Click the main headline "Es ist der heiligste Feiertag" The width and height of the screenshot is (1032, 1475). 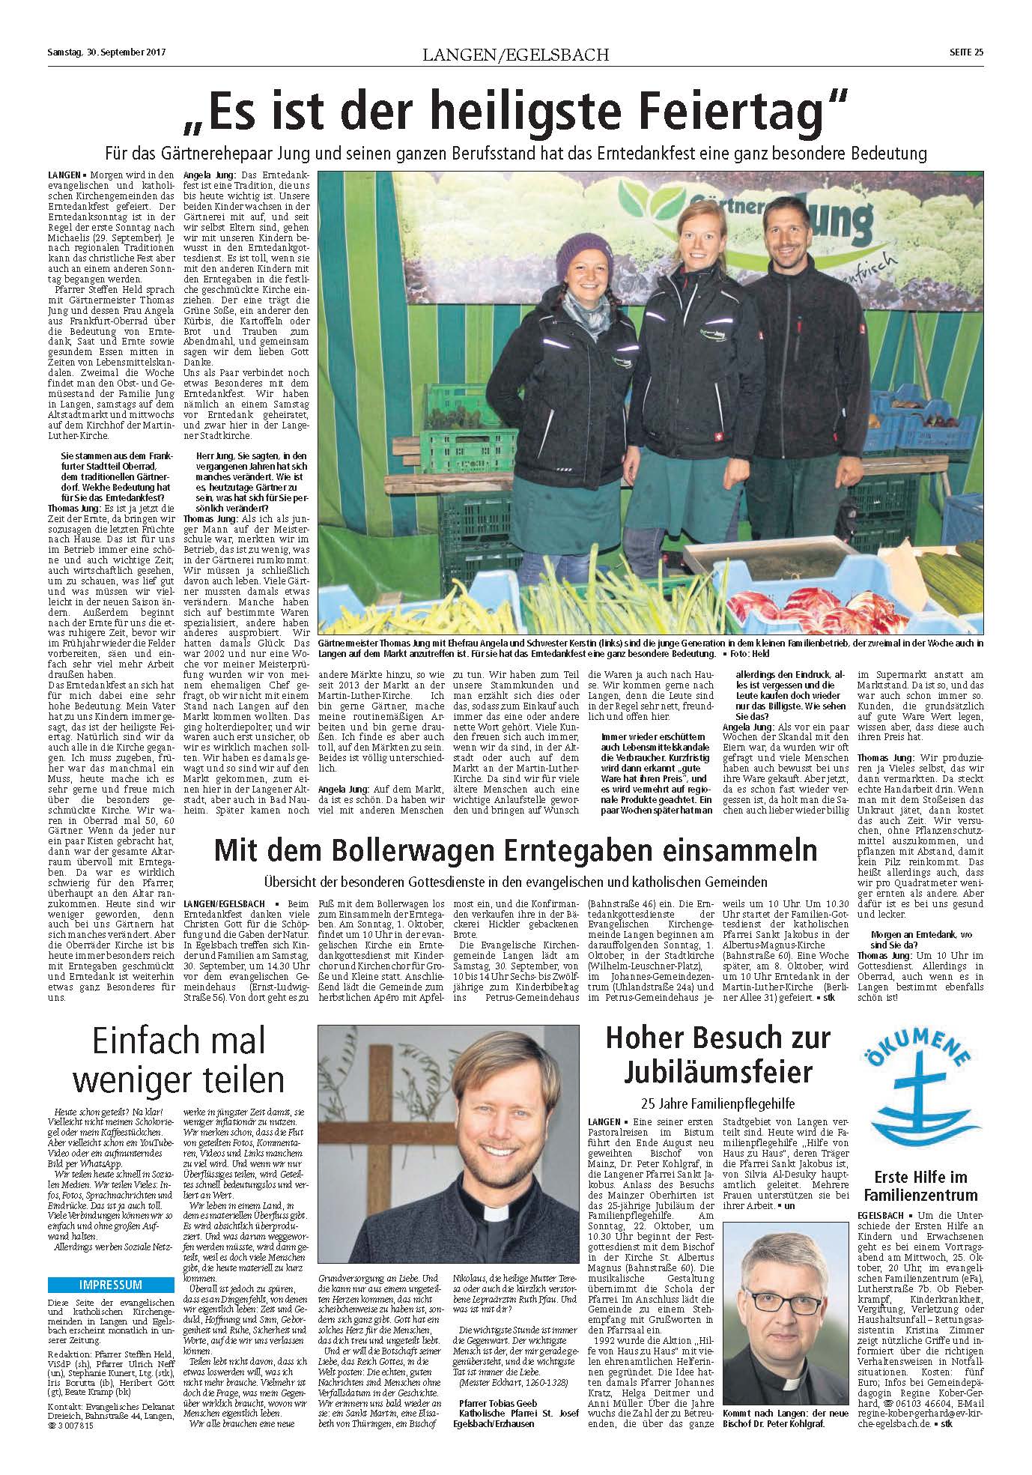515,110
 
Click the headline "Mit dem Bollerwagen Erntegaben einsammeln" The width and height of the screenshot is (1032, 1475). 515,851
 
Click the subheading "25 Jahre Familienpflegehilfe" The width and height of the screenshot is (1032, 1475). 717,1103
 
